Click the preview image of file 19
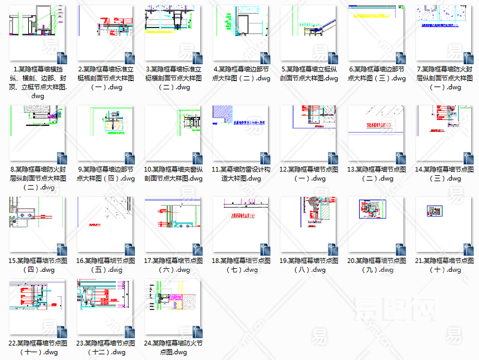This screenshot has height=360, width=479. pyautogui.click(x=308, y=224)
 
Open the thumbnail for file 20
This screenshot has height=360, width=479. pyautogui.click(x=376, y=224)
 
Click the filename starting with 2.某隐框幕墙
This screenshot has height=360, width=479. pyautogui.click(x=106, y=78)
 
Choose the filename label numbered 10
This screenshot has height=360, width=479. pyautogui.click(x=173, y=174)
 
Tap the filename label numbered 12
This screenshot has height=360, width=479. pyautogui.click(x=308, y=174)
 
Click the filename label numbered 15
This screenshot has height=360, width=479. pyautogui.click(x=37, y=265)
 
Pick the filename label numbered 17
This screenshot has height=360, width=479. pyautogui.click(x=173, y=265)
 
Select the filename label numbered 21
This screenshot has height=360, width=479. pyautogui.click(x=444, y=265)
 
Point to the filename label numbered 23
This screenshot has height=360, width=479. pyautogui.click(x=106, y=347)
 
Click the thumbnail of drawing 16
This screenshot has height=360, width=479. pyautogui.click(x=106, y=224)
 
